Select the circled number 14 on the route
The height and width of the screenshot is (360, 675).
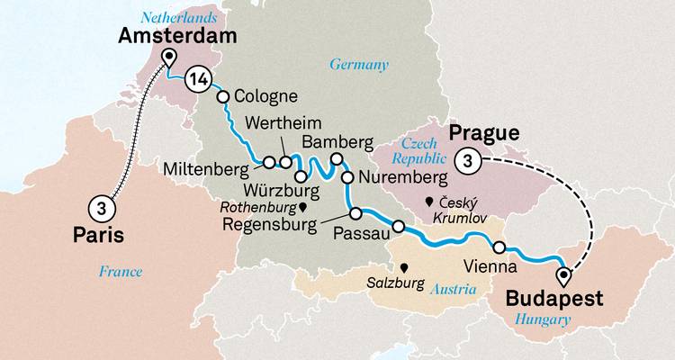click(x=199, y=81)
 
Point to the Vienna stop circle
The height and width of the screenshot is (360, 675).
click(x=499, y=247)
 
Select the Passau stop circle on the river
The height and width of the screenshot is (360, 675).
click(x=398, y=225)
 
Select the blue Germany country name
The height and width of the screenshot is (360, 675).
click(x=359, y=65)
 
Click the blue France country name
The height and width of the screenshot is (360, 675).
click(x=121, y=270)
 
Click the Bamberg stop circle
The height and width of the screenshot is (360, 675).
click(x=337, y=159)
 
